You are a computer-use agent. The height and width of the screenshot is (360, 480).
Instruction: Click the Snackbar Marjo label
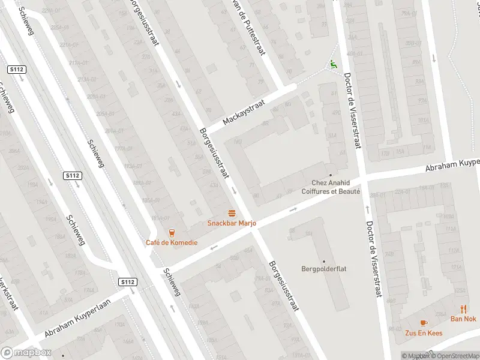point(232,223)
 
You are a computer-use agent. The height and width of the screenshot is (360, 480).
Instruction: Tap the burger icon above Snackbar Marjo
point(232,213)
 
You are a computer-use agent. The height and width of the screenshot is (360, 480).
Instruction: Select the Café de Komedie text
point(171,242)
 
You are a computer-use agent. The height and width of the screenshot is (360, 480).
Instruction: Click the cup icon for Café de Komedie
point(172,232)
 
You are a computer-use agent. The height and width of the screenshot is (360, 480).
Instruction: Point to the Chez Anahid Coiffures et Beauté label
point(335,187)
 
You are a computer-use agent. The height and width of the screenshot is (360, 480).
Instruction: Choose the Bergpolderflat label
point(324,269)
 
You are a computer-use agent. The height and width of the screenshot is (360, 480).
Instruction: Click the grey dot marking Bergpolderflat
point(324,261)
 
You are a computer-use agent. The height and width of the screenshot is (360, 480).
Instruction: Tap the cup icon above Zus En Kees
point(424,322)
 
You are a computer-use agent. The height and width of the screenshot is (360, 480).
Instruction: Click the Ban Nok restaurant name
point(464,319)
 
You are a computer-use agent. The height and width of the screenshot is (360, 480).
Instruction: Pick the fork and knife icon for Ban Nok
point(464,309)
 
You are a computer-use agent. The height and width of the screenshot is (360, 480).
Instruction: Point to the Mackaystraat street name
point(244,112)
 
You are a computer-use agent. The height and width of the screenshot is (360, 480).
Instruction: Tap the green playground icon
point(334,64)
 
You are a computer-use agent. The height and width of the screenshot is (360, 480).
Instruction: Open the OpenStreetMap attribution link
point(454,356)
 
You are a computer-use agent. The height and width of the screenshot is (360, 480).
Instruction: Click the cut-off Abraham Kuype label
point(452,164)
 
